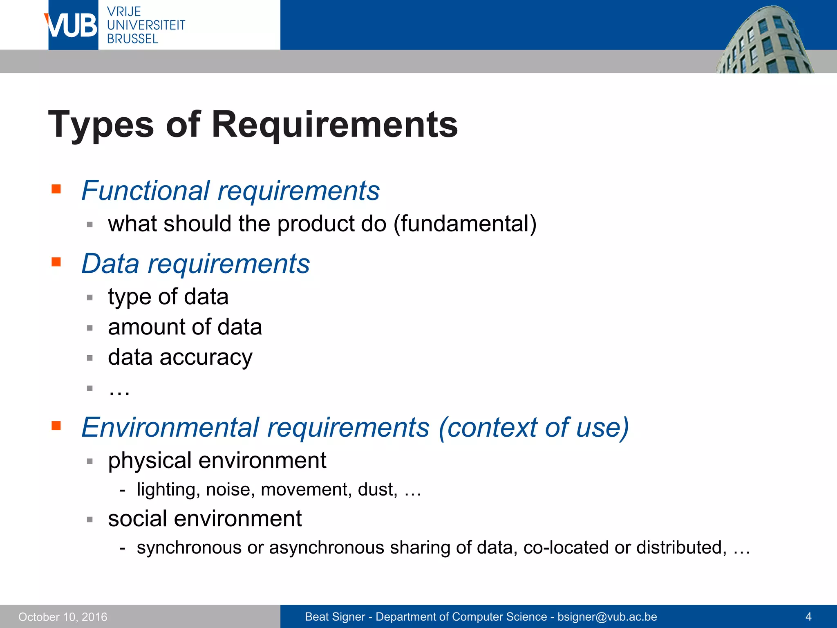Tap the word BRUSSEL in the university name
pos(132,39)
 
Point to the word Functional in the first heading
pos(145,191)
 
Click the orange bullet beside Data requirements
pos(56,262)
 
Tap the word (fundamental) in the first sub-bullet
pos(465,224)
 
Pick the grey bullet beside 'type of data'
pos(90,297)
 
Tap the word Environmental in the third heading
pos(170,427)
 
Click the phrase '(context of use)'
pos(533,427)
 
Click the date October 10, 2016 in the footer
pos(63,617)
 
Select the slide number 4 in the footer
pos(808,617)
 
